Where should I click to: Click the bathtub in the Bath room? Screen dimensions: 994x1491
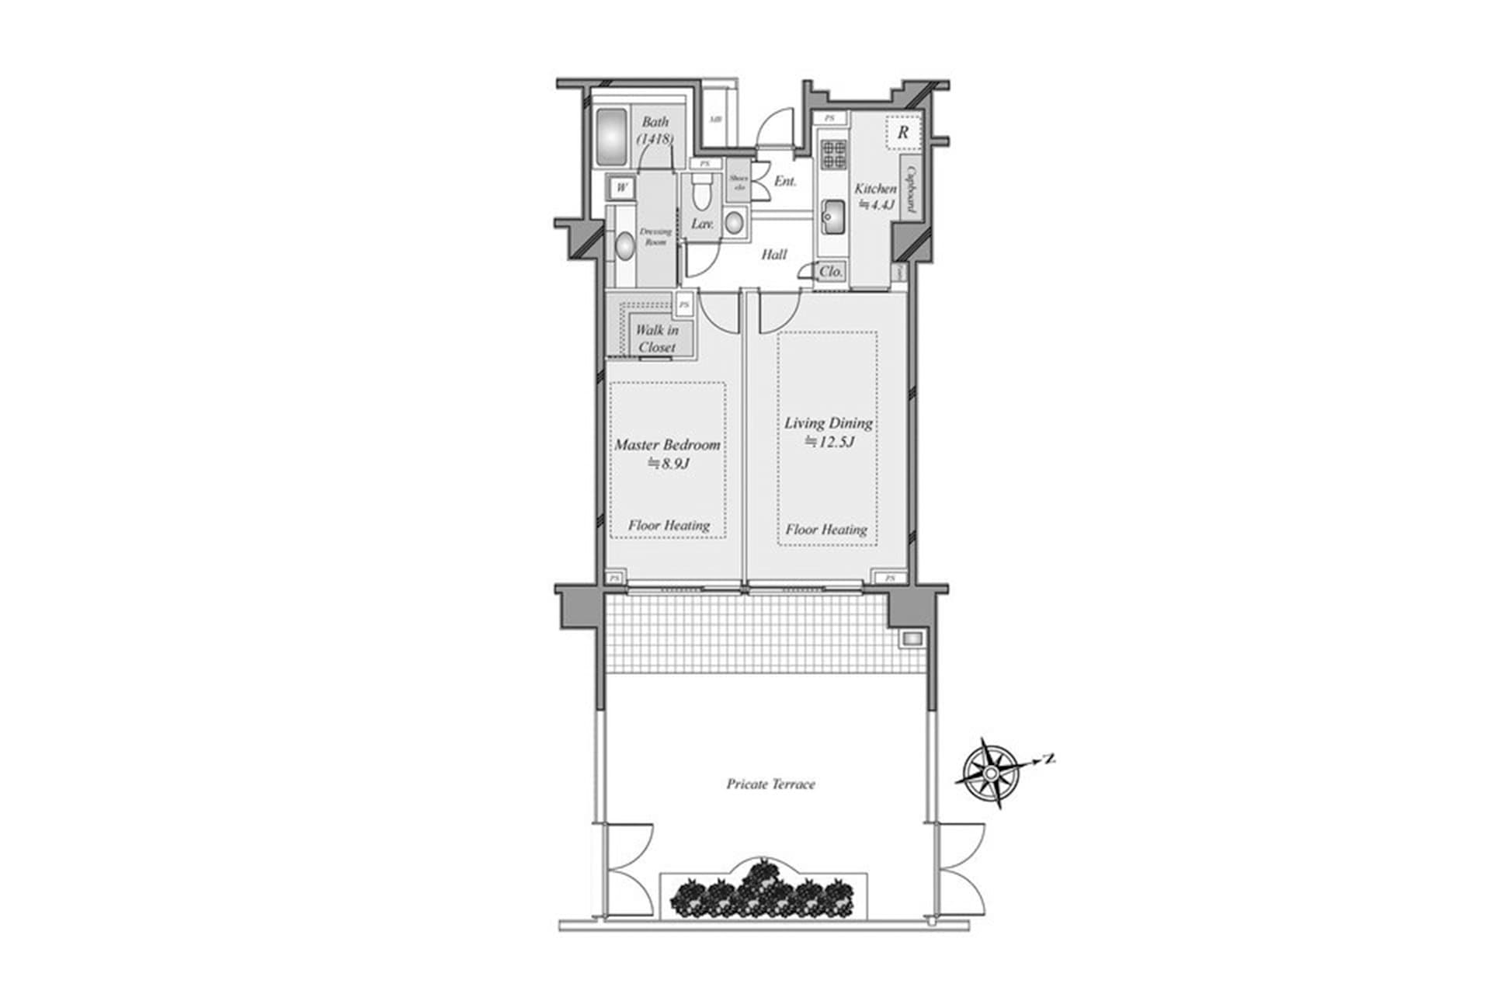pos(612,137)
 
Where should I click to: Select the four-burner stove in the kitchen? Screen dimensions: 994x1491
pos(834,155)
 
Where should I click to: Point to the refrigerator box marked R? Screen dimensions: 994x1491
pos(903,133)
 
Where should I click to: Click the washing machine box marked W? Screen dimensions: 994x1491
pos(621,188)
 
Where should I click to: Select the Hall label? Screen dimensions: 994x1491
pos(773,255)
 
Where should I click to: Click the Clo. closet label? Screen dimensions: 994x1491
pos(831,272)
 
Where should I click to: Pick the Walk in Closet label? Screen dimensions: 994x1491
pos(657,339)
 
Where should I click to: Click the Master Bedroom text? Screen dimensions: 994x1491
pos(667,445)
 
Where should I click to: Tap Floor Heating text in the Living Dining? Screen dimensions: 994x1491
pos(826,530)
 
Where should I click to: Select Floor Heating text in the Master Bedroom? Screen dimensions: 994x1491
pos(669,526)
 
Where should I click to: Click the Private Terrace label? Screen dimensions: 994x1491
pos(770,784)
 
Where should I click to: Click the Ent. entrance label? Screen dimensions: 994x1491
pos(785,182)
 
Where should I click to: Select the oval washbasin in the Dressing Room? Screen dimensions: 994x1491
pos(625,246)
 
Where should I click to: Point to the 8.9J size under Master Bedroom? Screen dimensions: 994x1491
pos(669,464)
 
